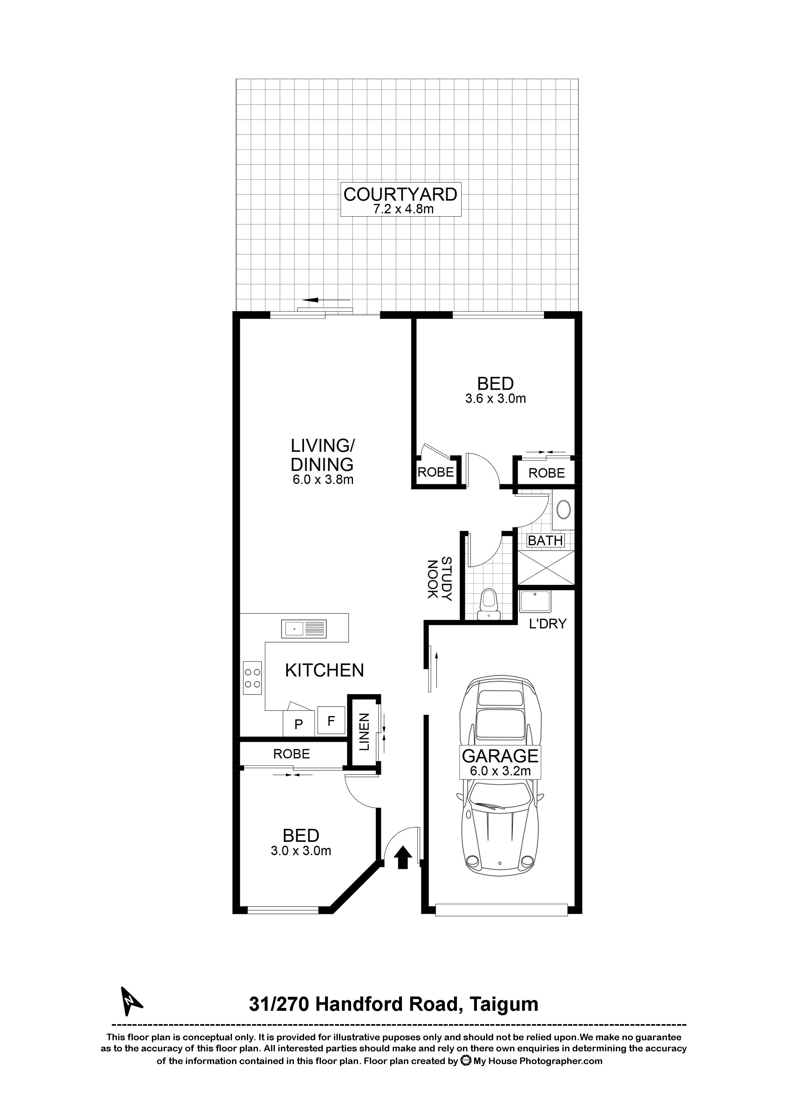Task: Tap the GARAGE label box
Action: [500, 762]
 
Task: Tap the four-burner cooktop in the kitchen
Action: [253, 678]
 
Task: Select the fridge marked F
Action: [331, 721]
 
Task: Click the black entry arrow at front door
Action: [402, 857]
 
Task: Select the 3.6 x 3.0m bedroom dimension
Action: [495, 399]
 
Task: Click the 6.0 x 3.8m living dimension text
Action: [322, 480]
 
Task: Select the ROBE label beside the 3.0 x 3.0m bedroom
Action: [291, 754]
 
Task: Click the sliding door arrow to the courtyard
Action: [325, 300]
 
